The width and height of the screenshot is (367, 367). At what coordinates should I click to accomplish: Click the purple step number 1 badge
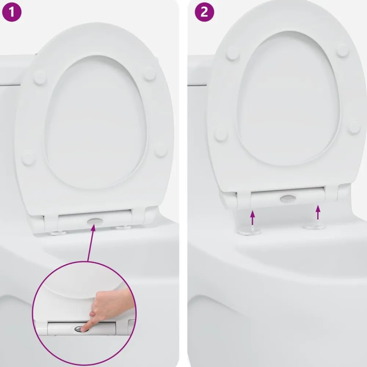click(x=12, y=12)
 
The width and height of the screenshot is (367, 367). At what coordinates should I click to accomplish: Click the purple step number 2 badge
click(x=204, y=12)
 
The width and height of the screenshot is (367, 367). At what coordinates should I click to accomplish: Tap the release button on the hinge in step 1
click(x=95, y=221)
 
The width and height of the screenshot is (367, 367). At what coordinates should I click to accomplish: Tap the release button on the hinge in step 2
click(x=288, y=199)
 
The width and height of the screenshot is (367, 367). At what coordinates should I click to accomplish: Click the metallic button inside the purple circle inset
click(x=81, y=329)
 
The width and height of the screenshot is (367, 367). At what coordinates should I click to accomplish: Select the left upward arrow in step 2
click(x=252, y=218)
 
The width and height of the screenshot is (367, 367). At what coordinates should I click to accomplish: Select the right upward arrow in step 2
click(x=318, y=212)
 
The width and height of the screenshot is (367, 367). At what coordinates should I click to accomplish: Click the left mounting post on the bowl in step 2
click(x=250, y=230)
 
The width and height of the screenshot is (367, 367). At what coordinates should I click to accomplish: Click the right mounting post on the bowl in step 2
click(x=314, y=226)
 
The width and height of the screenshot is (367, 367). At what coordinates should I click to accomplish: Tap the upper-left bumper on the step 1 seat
click(x=40, y=77)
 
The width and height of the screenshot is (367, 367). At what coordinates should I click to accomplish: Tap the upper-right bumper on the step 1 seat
click(x=150, y=74)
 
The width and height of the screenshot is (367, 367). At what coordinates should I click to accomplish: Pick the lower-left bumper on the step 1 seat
click(x=28, y=158)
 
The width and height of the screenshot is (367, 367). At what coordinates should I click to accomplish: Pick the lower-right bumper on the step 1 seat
click(x=161, y=150)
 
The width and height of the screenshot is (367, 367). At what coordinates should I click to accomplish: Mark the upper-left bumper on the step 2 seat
click(x=233, y=54)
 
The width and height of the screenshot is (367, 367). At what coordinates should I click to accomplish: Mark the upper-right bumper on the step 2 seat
click(x=342, y=51)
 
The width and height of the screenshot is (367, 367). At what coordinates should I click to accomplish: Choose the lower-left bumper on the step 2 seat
click(x=221, y=135)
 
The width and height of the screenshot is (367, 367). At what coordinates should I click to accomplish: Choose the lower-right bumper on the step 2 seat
click(x=355, y=128)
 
